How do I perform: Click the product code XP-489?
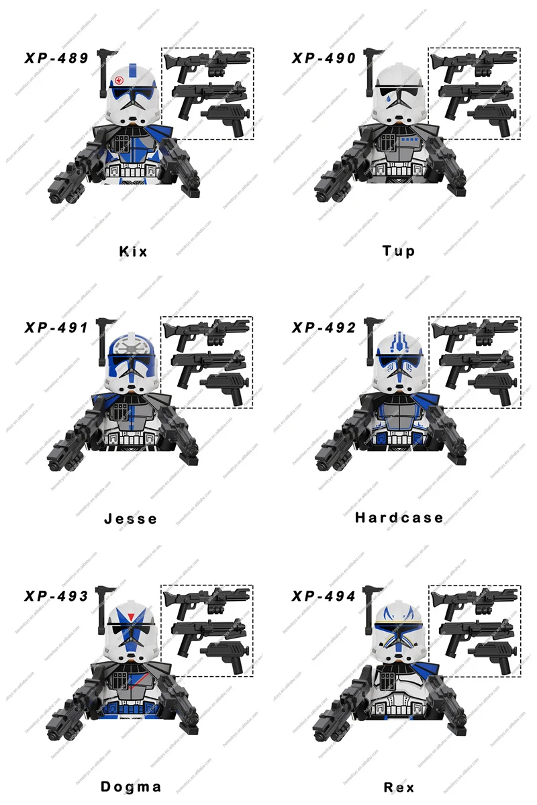click(x=57, y=58)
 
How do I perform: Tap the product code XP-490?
click(x=324, y=58)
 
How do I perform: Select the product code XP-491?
click(x=57, y=328)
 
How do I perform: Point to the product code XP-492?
click(x=324, y=328)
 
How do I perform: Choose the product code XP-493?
click(x=57, y=596)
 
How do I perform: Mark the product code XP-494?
click(x=324, y=596)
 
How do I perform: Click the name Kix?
click(x=133, y=252)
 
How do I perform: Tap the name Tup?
click(x=399, y=251)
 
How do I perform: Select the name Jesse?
click(x=131, y=518)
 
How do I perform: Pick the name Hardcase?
click(x=399, y=517)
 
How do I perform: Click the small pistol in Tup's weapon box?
click(x=491, y=115)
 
